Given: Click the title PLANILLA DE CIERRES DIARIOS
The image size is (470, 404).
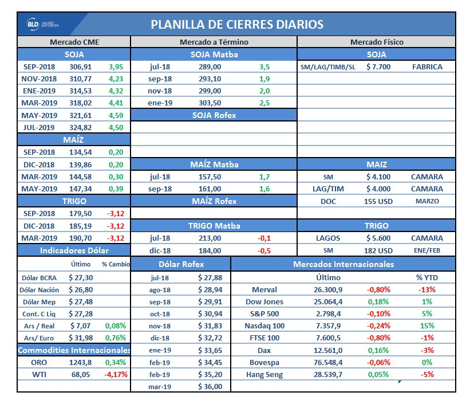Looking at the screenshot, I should coord(237,25).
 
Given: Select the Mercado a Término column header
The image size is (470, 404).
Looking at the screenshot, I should coord(214,42).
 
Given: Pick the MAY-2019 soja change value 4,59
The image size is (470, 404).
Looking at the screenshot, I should coord(116,115).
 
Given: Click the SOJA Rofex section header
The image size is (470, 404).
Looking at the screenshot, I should coord(214,115).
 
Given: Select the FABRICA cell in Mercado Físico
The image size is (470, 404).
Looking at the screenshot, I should coord(427,66).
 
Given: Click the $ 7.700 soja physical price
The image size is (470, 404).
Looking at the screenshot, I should coord(378,66).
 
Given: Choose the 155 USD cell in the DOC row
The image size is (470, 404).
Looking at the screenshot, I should coord(378,201).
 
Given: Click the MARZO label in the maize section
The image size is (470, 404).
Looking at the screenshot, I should coord(427,201).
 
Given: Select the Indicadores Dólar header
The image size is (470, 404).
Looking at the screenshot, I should coord(74,250).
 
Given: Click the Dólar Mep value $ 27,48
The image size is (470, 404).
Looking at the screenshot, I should coord(81,302).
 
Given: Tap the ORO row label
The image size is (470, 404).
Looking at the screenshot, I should coord(39,362).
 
